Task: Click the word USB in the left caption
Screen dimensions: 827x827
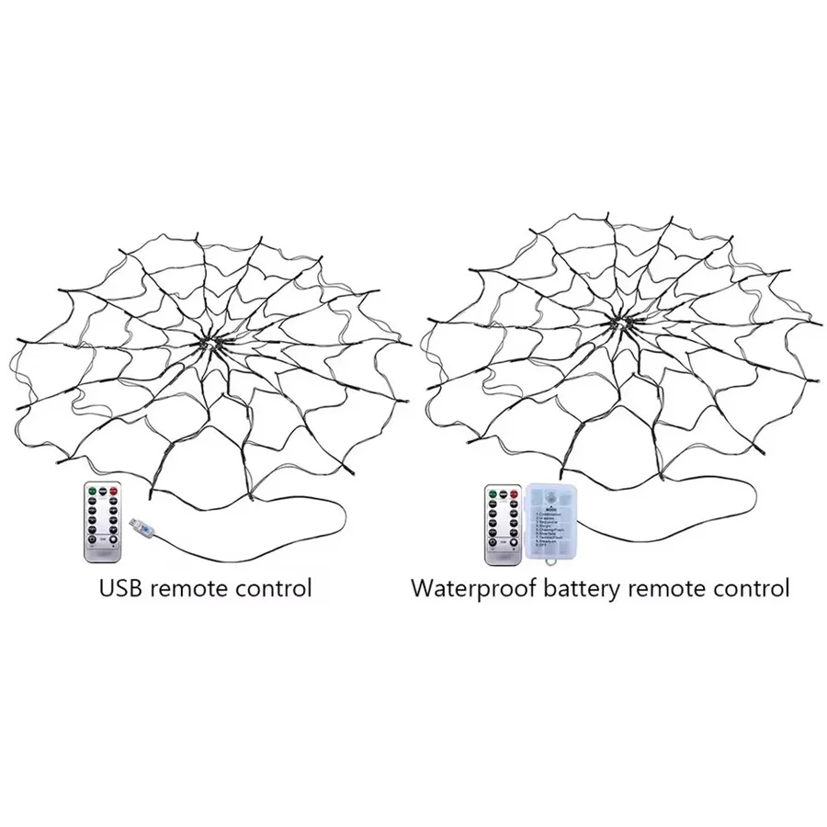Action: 121,586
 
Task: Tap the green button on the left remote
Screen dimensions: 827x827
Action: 92,491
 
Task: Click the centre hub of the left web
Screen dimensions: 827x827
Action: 213,342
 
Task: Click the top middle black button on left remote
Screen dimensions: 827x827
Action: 103,491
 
